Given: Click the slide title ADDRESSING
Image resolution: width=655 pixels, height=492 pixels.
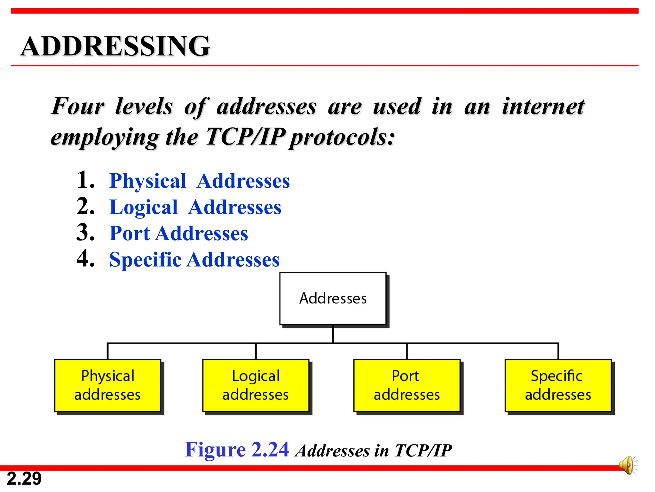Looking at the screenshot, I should [x=115, y=46].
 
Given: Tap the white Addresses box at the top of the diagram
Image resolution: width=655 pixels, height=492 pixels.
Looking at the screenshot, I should [x=333, y=299].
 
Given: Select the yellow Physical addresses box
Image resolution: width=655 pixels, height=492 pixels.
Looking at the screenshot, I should [x=107, y=385].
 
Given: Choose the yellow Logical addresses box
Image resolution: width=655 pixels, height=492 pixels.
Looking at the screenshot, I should [x=256, y=385].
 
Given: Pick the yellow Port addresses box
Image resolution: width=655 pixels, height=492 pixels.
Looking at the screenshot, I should [x=407, y=385].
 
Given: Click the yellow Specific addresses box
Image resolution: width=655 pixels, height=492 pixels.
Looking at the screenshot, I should [x=558, y=385].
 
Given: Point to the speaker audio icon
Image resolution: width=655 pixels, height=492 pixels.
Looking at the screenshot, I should [x=627, y=465].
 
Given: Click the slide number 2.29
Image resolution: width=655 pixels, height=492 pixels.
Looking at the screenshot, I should [x=24, y=479].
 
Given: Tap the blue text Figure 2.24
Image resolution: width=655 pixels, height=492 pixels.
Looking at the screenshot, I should [x=237, y=449].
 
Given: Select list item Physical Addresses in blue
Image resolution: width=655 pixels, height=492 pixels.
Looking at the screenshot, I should [x=200, y=181].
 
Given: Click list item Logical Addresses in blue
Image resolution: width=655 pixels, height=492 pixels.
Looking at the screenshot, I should [x=195, y=207].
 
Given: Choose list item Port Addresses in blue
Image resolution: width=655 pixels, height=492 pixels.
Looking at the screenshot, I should [x=178, y=233].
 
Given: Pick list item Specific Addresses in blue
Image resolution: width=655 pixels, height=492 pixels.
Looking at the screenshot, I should [x=194, y=259].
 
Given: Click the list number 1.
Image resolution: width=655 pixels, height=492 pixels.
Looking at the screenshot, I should [x=85, y=180].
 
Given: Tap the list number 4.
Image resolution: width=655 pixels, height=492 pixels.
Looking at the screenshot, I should [x=85, y=258].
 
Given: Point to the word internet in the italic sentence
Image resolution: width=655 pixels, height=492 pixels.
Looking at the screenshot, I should [x=543, y=106].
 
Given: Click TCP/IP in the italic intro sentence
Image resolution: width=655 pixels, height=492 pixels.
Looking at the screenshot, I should [x=245, y=137].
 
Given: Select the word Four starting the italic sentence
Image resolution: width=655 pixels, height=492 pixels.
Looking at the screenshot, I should [x=78, y=106].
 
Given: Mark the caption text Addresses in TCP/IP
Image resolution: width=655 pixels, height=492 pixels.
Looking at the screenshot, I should [x=374, y=451].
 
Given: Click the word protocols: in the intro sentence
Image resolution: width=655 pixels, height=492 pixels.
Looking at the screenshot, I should [x=342, y=138].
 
